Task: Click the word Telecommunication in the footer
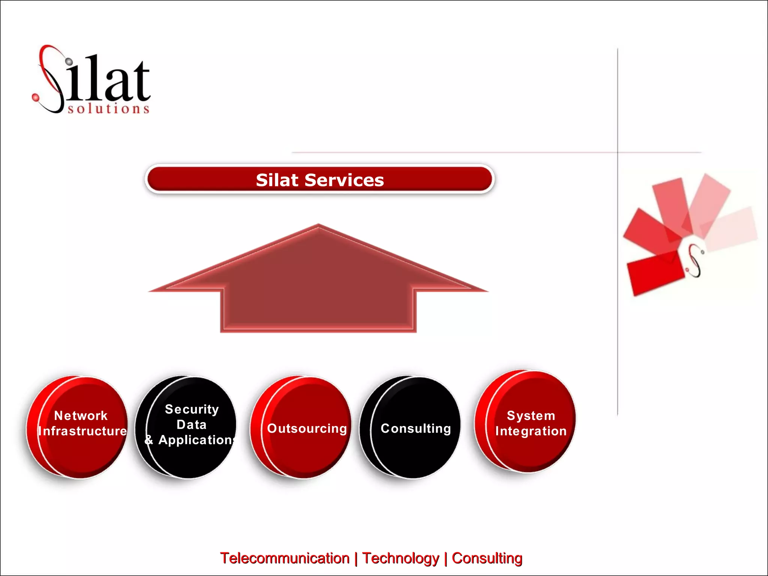[x=285, y=558]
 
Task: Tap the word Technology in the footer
[x=400, y=558]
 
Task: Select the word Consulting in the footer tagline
[x=487, y=558]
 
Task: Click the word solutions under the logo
[x=109, y=109]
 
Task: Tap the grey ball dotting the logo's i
[x=69, y=61]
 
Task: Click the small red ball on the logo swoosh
[x=36, y=97]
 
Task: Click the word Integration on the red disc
[x=531, y=431]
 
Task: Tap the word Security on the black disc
[x=192, y=409]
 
